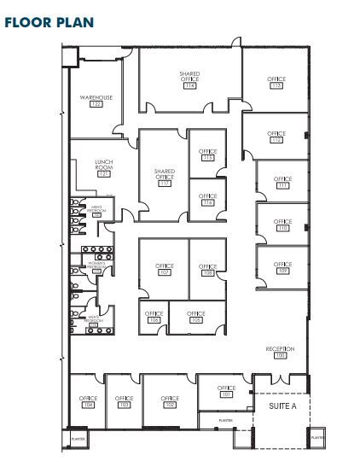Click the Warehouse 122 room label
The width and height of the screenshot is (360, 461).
click(x=96, y=101)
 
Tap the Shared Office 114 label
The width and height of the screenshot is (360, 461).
click(x=189, y=79)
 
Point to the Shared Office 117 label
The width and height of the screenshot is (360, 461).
click(x=165, y=177)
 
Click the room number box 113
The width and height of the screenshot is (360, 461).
click(x=276, y=85)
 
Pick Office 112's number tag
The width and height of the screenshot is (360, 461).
click(x=276, y=140)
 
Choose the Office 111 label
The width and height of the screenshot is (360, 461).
click(x=282, y=182)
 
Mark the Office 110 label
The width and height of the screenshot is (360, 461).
click(x=282, y=225)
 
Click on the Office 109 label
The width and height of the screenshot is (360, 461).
click(x=282, y=267)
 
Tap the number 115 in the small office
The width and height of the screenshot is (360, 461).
click(x=207, y=158)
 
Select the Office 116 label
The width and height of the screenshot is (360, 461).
click(x=207, y=199)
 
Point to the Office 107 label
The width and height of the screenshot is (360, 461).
click(x=165, y=269)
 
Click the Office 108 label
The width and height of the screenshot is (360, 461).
click(x=207, y=269)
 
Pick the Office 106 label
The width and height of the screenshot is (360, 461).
click(x=154, y=318)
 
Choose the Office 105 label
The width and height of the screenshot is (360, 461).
click(x=196, y=317)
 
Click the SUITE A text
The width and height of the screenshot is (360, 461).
click(x=282, y=406)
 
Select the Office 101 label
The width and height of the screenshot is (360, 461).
click(x=226, y=391)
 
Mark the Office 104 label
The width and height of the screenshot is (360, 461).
click(x=88, y=401)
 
